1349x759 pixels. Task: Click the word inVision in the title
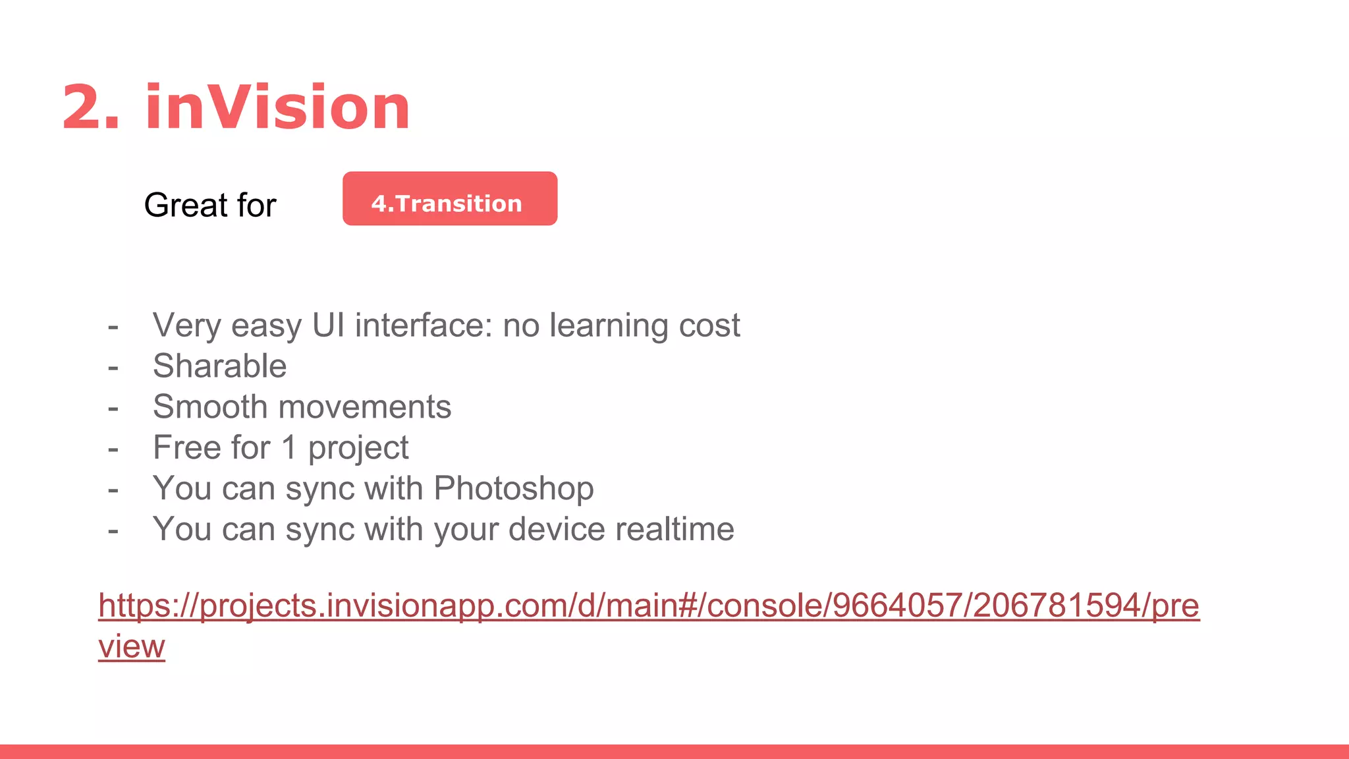coord(277,107)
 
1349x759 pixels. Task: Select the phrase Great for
coord(209,205)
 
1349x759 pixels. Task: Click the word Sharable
coord(219,366)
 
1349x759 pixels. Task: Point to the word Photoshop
coord(513,489)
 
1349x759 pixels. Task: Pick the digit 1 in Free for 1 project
coord(289,448)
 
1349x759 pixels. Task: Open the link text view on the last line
coord(131,646)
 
